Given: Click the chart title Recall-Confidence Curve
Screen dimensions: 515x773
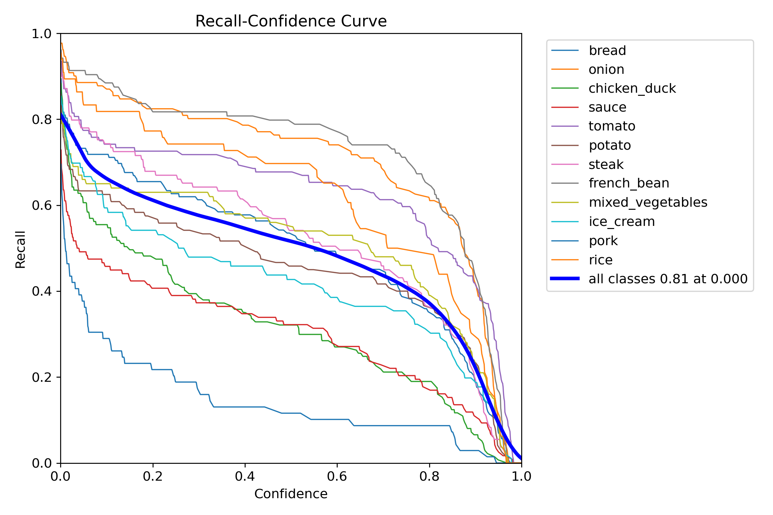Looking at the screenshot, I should pos(291,21).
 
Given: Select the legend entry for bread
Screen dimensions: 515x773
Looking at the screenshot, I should pos(607,50).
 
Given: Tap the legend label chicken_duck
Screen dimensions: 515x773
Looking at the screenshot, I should pos(632,89).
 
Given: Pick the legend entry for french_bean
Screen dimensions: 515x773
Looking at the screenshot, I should pos(629,183).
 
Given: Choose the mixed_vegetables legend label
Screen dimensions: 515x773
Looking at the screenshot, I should pos(648,203).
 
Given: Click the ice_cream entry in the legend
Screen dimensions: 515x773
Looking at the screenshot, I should pos(621,222).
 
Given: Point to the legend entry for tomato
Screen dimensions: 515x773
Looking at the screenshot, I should pos(612,126).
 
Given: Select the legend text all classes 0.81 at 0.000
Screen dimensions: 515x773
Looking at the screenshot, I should pos(668,279).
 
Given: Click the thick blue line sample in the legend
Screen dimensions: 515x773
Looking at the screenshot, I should pos(565,278).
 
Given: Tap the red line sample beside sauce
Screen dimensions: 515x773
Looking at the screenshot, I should pos(565,107).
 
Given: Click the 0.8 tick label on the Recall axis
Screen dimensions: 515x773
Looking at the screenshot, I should pos(41,120).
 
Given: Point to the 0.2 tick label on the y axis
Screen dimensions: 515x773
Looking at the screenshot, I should pos(41,377).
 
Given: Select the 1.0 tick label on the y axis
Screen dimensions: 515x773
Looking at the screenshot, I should pos(41,34).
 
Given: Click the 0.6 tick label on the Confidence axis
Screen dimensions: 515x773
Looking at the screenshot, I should pos(337,476).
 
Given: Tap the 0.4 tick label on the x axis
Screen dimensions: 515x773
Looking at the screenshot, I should pos(245,476).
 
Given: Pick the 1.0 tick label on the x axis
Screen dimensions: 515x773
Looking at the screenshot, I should pos(521,476).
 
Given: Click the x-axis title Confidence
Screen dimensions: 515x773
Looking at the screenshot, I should pos(291,494).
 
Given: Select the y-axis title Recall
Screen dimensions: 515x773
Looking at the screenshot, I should pos(21,249).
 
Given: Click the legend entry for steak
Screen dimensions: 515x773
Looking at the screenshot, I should pos(606,164).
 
